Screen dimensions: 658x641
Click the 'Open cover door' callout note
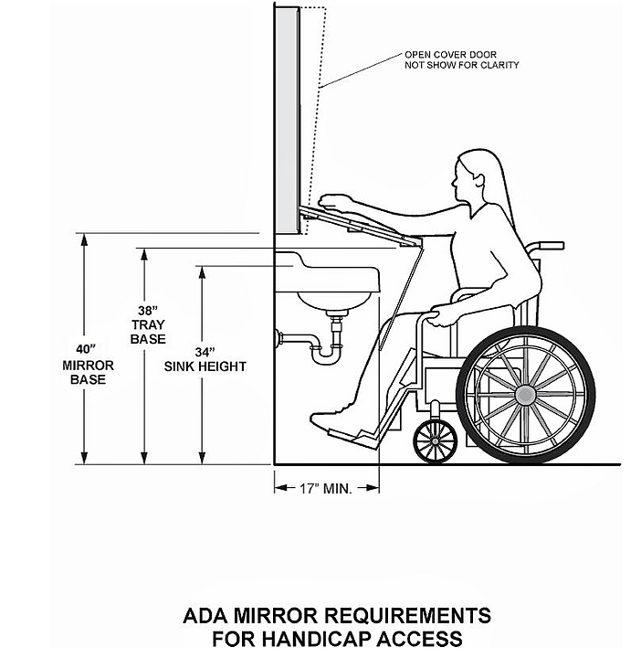pyautogui.click(x=461, y=59)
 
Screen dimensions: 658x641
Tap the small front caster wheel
pyautogui.click(x=435, y=441)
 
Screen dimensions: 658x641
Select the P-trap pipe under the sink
pyautogui.click(x=320, y=348)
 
